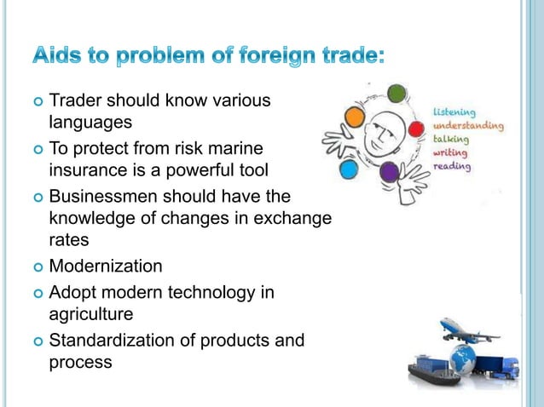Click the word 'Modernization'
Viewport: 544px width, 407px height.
tap(106, 266)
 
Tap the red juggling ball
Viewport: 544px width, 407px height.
tap(416, 129)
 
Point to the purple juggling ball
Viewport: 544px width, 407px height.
tap(390, 172)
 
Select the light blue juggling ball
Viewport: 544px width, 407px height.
tap(348, 169)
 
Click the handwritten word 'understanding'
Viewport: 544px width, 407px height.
tap(468, 126)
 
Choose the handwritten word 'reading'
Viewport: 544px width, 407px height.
tap(452, 166)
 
